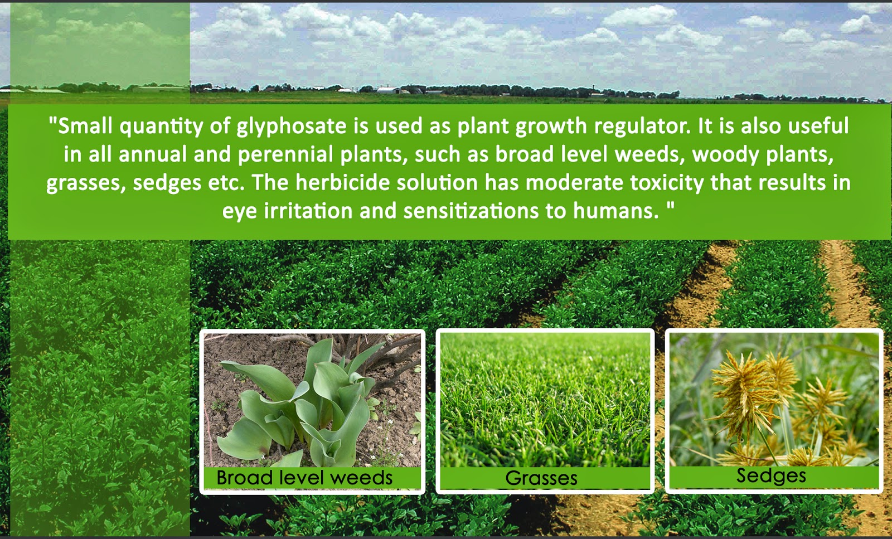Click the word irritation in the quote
[x=308, y=211]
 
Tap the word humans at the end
[x=615, y=211]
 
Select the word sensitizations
[x=471, y=211]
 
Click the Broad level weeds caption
[x=304, y=478]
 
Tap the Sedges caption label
[x=772, y=475]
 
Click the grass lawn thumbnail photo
[x=545, y=400]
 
